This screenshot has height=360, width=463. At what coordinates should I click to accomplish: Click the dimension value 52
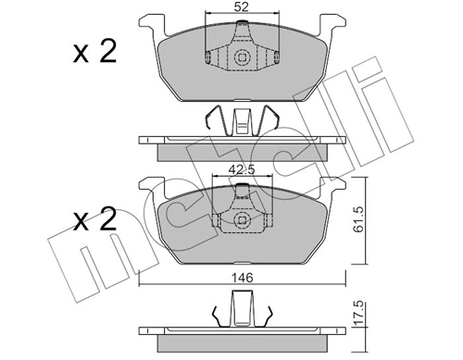coord(241,8)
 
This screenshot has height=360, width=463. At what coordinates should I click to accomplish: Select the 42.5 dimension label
coord(241,168)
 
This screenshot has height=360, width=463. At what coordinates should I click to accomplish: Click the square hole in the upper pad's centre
coord(242,58)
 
